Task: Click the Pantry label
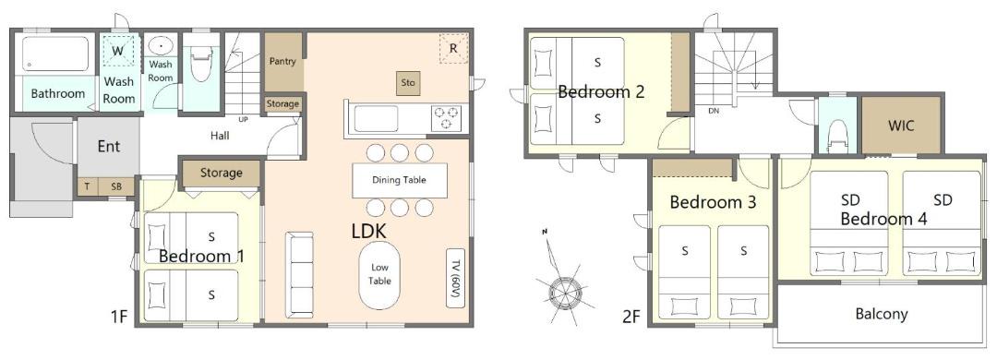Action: tap(282, 61)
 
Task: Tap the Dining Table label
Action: tap(400, 180)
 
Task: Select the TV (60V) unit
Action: tap(455, 277)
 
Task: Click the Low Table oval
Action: tap(379, 274)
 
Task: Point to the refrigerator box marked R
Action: tap(453, 49)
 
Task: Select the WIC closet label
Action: tap(901, 126)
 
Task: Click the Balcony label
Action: tap(882, 314)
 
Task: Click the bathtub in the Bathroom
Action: tap(56, 54)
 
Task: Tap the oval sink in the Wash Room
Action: tap(161, 46)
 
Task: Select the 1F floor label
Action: tap(119, 316)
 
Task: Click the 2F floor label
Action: tap(631, 316)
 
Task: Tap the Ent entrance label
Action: tap(109, 146)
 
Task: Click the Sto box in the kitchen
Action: tap(408, 83)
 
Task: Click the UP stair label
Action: tap(243, 119)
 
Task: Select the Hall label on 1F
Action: tap(220, 136)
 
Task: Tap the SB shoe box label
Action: tap(116, 187)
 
